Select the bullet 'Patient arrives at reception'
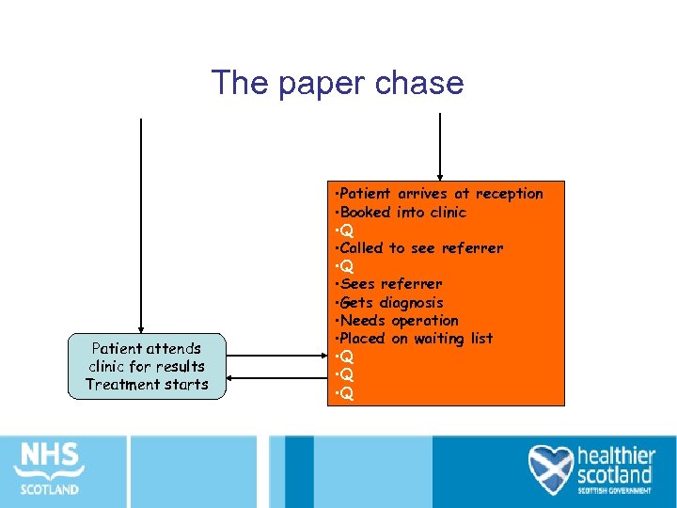pos(440,194)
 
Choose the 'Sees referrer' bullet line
pos(389,284)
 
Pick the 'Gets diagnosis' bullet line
pos(390,302)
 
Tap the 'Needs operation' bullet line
pos(398,320)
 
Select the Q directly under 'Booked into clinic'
pos(347,230)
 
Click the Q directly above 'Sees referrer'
pos(347,266)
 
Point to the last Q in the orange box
pos(347,393)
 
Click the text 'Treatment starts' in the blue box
pos(147,384)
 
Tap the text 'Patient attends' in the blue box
pos(147,349)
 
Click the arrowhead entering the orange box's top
pos(439,176)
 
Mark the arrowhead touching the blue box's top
pos(141,329)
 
